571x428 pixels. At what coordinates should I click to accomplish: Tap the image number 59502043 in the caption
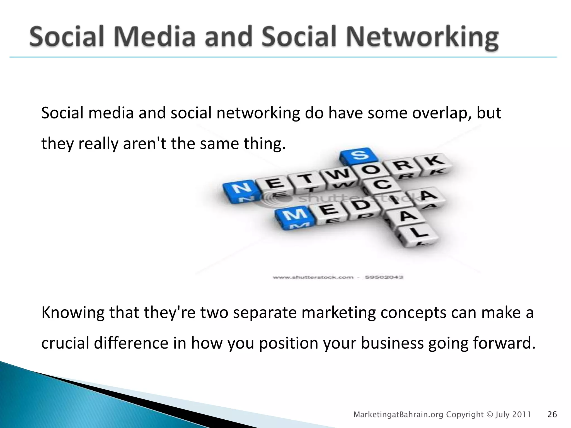coord(384,277)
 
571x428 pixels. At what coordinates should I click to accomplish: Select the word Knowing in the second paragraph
coord(73,313)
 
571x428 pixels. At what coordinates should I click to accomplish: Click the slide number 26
coord(552,415)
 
